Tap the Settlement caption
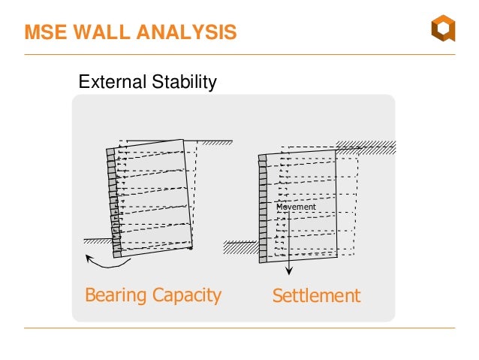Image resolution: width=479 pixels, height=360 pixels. (x=316, y=295)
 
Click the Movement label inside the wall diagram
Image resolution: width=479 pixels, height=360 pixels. (x=296, y=207)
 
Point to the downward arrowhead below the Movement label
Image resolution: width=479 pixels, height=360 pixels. (x=289, y=271)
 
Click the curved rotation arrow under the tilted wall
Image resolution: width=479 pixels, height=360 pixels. (x=107, y=264)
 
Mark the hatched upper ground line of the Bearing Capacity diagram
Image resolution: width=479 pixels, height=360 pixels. (x=215, y=142)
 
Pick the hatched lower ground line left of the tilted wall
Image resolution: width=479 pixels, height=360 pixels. (x=96, y=241)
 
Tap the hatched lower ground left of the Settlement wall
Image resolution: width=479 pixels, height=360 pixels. (x=240, y=247)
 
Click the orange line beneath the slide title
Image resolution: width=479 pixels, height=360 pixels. (x=239, y=56)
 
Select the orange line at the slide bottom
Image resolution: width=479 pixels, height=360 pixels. (x=239, y=328)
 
